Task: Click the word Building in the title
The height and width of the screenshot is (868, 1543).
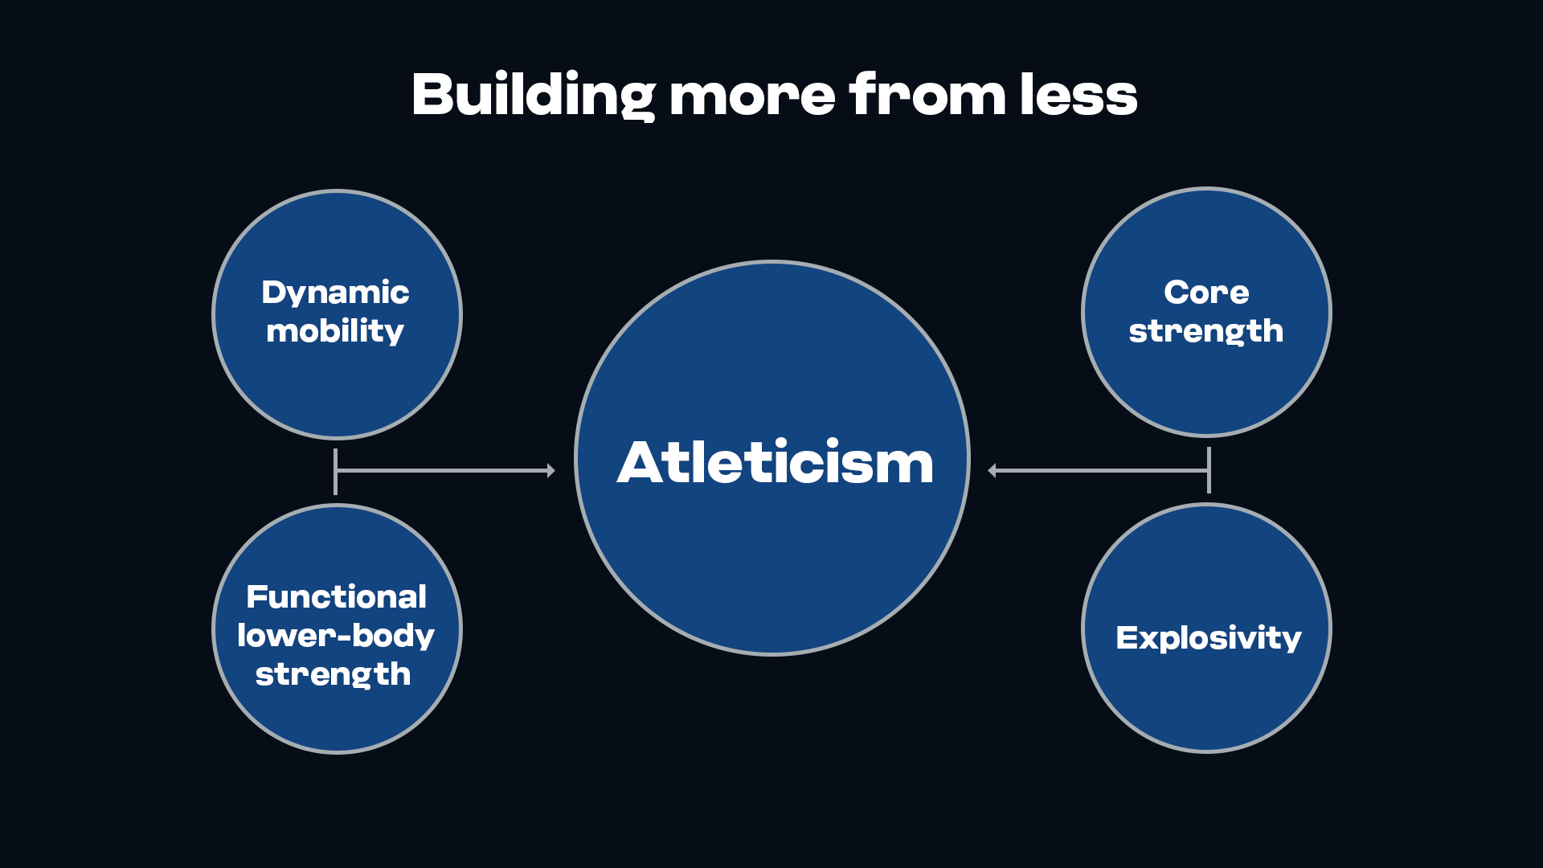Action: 534,96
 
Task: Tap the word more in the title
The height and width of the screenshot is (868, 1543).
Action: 752,96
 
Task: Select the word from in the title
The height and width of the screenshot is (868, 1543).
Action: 927,94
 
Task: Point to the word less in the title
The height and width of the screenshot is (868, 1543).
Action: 1078,94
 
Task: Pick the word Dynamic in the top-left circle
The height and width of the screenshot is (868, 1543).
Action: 335,293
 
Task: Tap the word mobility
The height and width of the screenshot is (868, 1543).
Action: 335,330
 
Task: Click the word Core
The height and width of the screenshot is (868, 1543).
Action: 1206,293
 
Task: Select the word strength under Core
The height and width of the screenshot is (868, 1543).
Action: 1206,331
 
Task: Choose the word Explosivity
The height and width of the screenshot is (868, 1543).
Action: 1208,638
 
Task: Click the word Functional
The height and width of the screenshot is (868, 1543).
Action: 336,596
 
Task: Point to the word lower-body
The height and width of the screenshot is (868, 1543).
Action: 336,636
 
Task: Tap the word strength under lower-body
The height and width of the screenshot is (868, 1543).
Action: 333,674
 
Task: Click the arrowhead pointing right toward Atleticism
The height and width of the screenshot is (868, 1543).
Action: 551,470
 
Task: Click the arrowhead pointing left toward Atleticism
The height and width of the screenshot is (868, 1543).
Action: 992,470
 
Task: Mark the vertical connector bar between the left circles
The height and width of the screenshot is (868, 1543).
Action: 335,471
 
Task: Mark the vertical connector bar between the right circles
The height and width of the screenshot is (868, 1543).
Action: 1209,470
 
